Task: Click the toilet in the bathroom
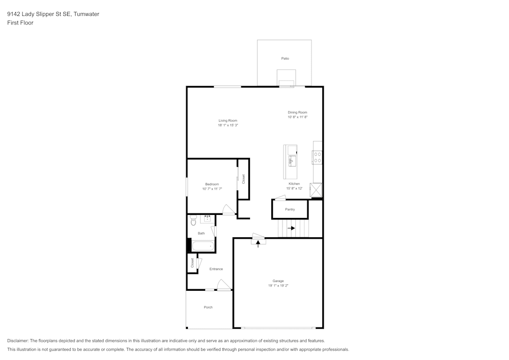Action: [x=193, y=220]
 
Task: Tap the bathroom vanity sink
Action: [x=208, y=219]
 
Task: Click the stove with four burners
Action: [x=317, y=157]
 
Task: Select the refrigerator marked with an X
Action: [x=317, y=190]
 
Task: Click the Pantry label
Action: [x=290, y=209]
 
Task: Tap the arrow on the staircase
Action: [x=291, y=228]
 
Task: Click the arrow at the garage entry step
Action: [x=258, y=243]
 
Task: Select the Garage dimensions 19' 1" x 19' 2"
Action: [x=278, y=286]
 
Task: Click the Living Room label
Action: [x=228, y=121]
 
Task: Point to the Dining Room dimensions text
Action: [x=297, y=117]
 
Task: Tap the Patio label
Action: [x=285, y=59]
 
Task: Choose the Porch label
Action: [x=208, y=307]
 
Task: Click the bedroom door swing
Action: [x=229, y=209]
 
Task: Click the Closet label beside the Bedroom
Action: [x=243, y=179]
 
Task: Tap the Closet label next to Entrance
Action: [x=192, y=263]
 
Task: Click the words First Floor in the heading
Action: [x=20, y=23]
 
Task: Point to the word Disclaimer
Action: [x=18, y=341]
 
